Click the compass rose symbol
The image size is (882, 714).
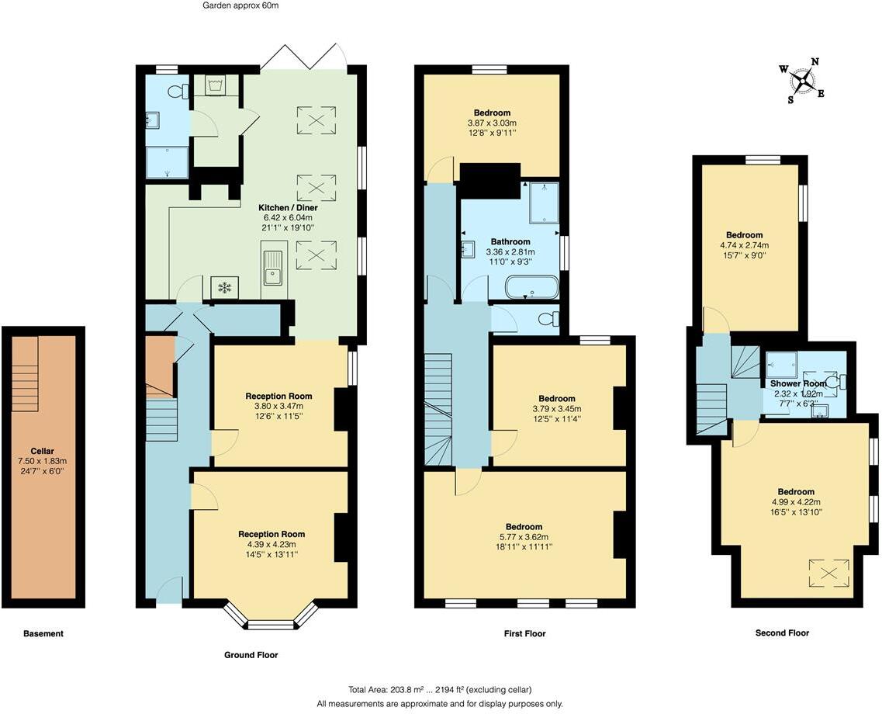point(806,78)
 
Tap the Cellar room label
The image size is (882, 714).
point(43,451)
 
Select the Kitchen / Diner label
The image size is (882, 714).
point(289,208)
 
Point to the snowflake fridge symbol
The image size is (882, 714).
point(225,288)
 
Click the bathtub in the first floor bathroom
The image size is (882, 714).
point(531,289)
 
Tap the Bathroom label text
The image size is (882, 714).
point(510,241)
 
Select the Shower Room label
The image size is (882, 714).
point(797,383)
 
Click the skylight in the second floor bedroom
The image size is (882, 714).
point(829,574)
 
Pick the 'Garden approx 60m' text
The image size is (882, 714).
point(240,5)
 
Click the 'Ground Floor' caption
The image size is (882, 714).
point(251,655)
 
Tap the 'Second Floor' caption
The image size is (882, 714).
point(782,633)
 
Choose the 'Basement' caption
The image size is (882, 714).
point(43,633)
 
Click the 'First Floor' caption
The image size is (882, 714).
point(524,633)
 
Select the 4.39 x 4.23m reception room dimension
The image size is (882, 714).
point(272,544)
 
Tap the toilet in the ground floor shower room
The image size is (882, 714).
point(179,92)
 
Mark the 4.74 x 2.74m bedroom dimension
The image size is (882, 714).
point(744,245)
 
